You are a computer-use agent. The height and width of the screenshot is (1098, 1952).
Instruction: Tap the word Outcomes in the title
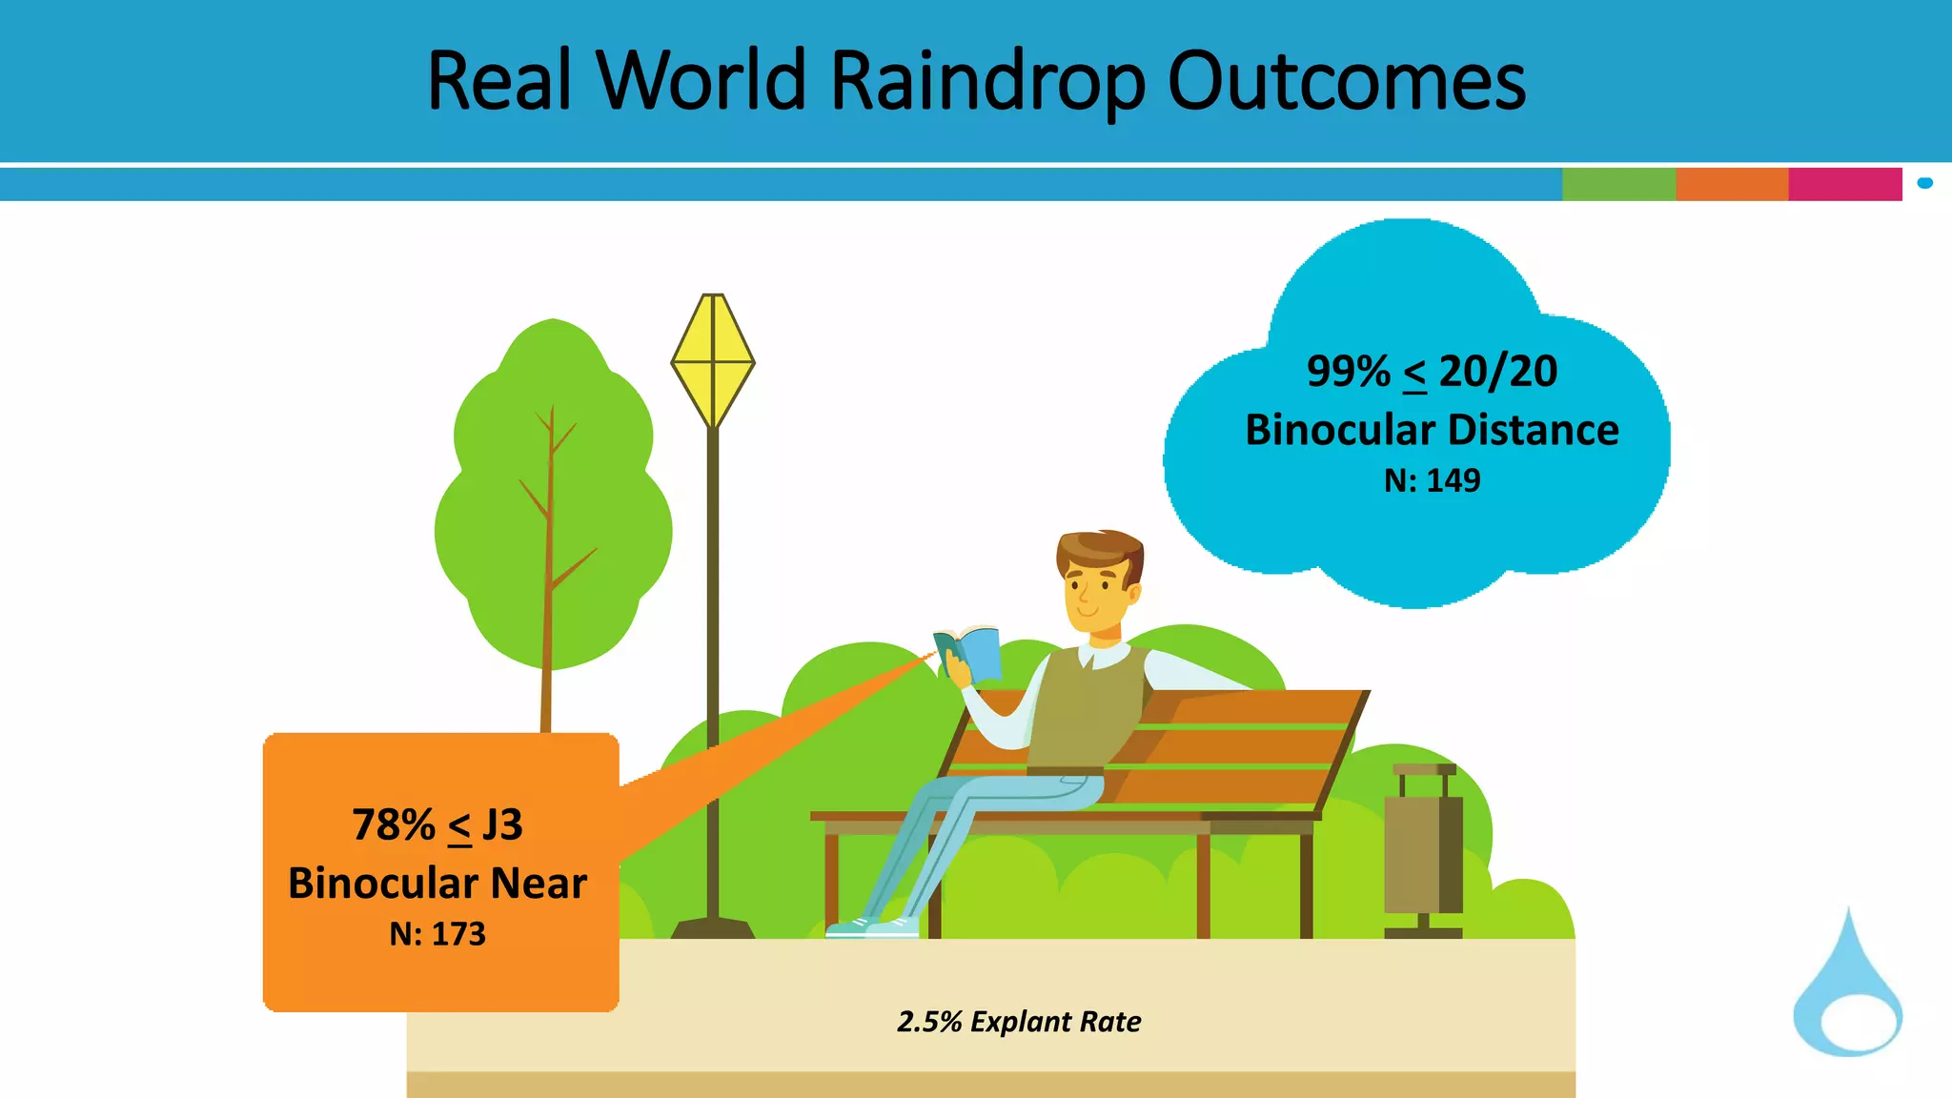coord(1346,82)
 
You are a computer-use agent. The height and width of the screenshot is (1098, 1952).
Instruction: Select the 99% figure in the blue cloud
coord(1348,371)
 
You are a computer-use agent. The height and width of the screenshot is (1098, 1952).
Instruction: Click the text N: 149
coord(1432,480)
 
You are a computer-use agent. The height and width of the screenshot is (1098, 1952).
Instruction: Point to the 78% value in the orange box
coord(393,824)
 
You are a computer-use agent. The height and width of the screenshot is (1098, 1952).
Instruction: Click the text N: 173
coord(437,934)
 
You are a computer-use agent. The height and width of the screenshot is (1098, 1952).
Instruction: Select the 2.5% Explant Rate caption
coord(1018,1022)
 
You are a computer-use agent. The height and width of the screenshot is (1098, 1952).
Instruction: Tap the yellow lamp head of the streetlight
coord(713,360)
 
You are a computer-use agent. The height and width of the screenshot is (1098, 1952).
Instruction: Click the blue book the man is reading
coord(970,652)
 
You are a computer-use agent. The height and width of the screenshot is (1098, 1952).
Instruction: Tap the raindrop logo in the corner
coord(1847,991)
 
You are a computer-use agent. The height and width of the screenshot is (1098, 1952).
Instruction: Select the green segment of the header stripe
coord(1618,184)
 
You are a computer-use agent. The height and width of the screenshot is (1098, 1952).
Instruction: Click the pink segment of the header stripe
coord(1844,184)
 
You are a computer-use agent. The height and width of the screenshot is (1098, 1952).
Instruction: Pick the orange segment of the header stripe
coord(1731,184)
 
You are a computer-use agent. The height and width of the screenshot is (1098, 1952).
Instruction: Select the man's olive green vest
coord(1087,705)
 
